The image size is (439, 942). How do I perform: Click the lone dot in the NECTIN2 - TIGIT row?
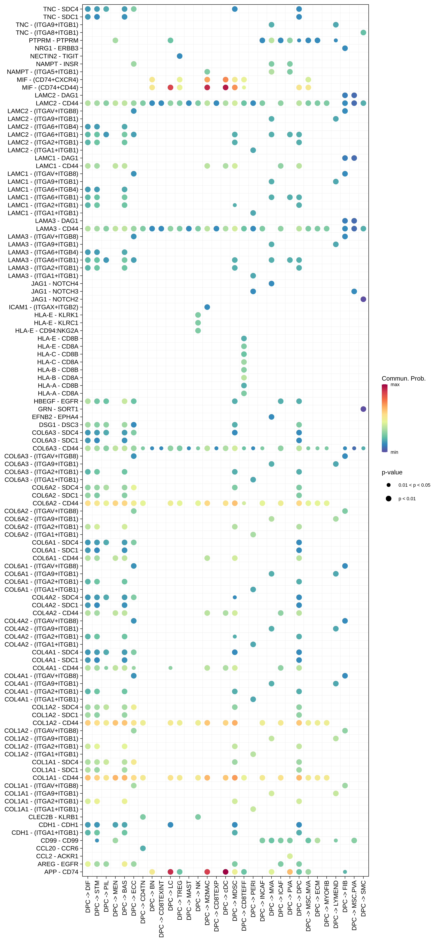(179, 56)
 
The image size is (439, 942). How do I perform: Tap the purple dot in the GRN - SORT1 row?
(363, 409)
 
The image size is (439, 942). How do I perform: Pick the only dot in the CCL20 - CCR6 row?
(143, 848)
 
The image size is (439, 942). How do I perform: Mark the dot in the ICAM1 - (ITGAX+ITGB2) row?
(207, 307)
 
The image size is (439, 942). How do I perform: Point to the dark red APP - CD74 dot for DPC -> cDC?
(226, 872)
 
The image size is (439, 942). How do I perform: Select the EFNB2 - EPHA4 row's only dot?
(271, 417)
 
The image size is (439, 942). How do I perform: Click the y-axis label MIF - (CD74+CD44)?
(50, 87)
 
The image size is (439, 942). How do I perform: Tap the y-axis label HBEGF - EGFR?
(56, 401)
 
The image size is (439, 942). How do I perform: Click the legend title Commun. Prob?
(404, 378)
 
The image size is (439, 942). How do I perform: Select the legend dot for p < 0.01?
(388, 498)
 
